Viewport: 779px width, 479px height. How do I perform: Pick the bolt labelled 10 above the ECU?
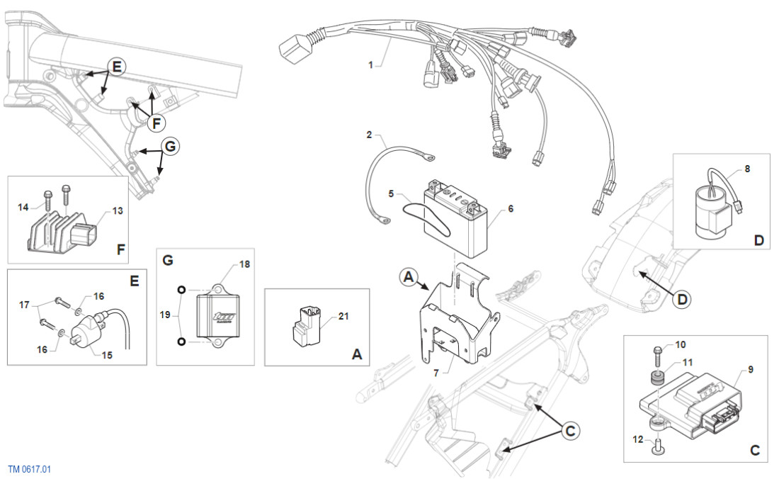[656, 352]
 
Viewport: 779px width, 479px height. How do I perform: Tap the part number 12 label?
[637, 440]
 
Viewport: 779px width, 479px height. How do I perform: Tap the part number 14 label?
[23, 207]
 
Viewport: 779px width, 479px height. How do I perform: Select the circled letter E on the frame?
[118, 67]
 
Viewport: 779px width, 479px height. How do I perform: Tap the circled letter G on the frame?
[170, 147]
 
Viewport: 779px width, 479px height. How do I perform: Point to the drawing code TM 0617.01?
[30, 469]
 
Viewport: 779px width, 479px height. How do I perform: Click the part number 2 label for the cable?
[370, 135]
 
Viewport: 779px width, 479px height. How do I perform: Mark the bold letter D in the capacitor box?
[759, 240]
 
